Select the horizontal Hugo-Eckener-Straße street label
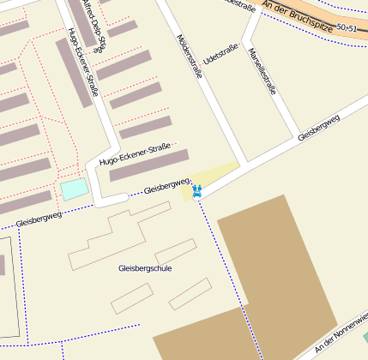[x=136, y=154]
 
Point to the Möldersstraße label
[x=189, y=57]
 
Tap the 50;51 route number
[x=347, y=28]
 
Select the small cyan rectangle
[x=74, y=189]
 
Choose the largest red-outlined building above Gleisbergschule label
[x=112, y=237]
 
